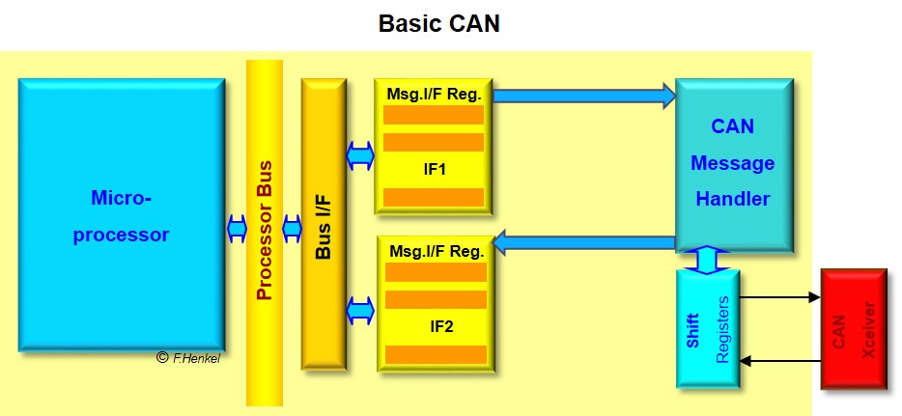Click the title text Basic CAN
[x=439, y=23]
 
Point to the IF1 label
[x=434, y=170]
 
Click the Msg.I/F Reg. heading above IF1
[x=436, y=94]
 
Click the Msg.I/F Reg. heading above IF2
[x=436, y=251]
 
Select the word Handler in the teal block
[x=732, y=200]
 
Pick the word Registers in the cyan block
[x=723, y=329]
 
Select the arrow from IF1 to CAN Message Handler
[x=584, y=94]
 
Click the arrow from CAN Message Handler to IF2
[x=584, y=243]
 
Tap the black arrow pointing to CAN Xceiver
[x=779, y=297]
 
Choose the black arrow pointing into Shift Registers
[x=779, y=361]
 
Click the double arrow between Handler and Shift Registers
[x=707, y=260]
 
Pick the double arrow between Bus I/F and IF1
[x=359, y=153]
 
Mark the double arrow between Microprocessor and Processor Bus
[x=237, y=229]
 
